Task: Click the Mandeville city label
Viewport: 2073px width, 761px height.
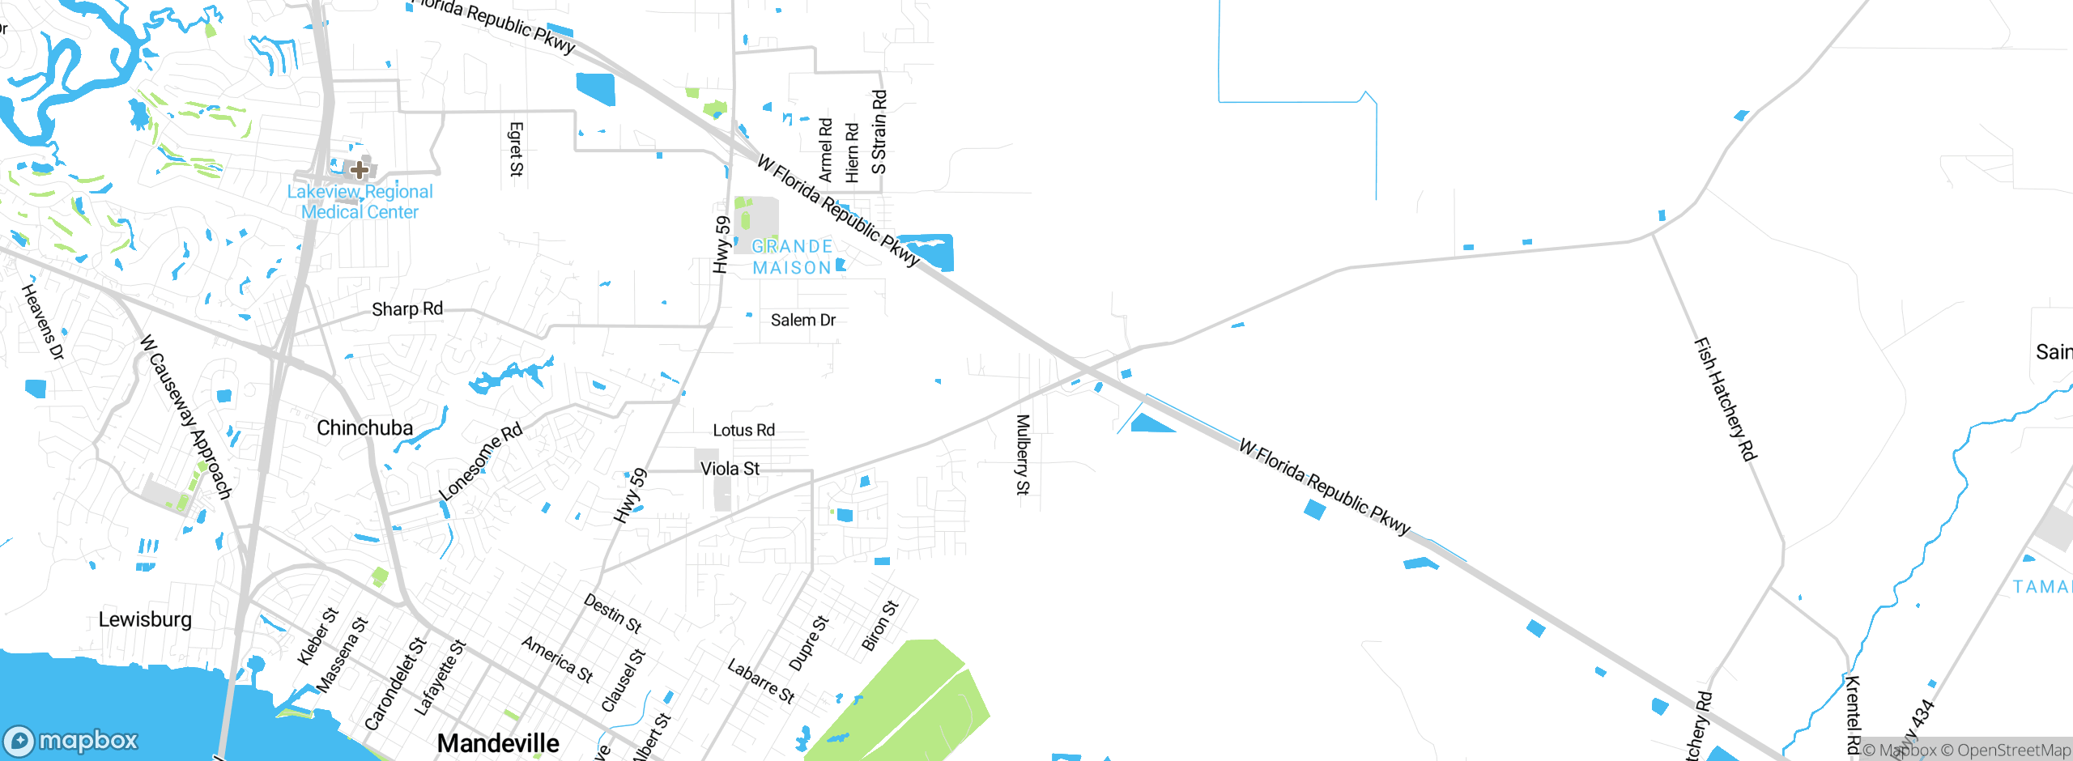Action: click(498, 743)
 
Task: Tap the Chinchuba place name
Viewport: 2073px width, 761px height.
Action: click(364, 427)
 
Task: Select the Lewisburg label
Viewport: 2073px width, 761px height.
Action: click(145, 619)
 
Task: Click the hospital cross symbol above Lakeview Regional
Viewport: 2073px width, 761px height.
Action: click(360, 170)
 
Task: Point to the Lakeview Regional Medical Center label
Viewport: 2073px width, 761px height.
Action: click(360, 202)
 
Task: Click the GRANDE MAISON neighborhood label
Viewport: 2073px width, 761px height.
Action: click(792, 257)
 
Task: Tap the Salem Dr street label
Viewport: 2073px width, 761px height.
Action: click(802, 320)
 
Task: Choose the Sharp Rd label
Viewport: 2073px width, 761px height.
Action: click(407, 308)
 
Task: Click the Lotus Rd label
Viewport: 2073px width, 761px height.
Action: click(743, 430)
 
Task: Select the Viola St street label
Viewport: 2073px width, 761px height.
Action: click(730, 469)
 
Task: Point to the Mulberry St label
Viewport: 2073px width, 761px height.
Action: click(1023, 454)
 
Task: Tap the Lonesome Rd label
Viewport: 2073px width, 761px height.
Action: click(481, 461)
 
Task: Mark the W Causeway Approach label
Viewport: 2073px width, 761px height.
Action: click(186, 417)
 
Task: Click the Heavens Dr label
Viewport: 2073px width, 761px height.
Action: click(42, 321)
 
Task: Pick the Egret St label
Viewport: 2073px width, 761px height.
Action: click(516, 149)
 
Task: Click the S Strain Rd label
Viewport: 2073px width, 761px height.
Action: click(879, 132)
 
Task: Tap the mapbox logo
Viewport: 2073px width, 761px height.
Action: click(71, 741)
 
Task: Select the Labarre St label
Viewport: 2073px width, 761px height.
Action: click(760, 681)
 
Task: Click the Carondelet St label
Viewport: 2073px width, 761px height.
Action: click(395, 684)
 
